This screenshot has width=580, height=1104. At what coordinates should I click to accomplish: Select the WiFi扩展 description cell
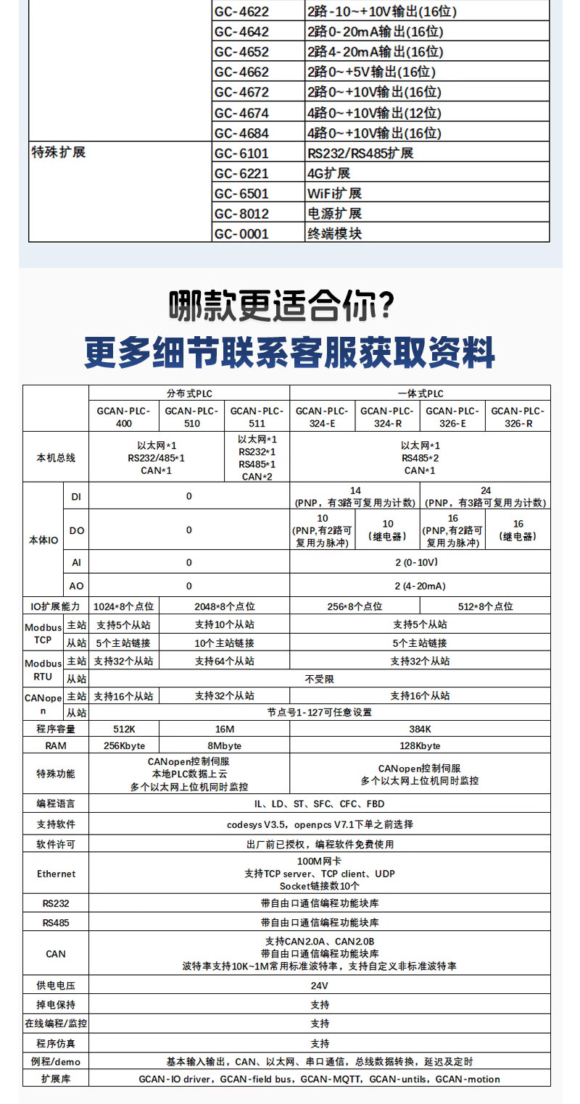(334, 193)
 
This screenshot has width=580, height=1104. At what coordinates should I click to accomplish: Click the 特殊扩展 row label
(59, 153)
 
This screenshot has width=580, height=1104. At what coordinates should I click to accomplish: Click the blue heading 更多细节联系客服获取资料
(289, 352)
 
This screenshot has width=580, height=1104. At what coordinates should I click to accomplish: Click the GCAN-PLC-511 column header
(257, 417)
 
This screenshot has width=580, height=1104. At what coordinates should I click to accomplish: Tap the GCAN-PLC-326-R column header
(518, 417)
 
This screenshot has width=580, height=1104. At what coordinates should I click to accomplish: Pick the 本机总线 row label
(56, 458)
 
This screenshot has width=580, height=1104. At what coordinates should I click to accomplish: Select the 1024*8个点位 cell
(124, 606)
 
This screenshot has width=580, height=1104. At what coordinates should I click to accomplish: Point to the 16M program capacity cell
(224, 729)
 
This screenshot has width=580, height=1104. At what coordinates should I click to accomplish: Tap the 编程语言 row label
(56, 803)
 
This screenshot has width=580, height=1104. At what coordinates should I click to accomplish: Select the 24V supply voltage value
(320, 986)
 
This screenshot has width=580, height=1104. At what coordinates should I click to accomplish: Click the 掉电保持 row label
(56, 1005)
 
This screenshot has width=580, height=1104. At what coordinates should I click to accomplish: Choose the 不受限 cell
(320, 679)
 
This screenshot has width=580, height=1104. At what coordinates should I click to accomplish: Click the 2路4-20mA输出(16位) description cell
(375, 52)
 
